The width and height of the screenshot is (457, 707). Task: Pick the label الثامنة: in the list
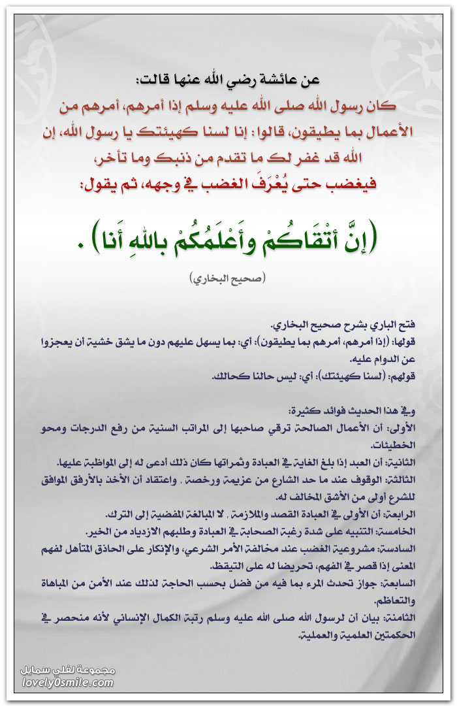(x=401, y=616)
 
